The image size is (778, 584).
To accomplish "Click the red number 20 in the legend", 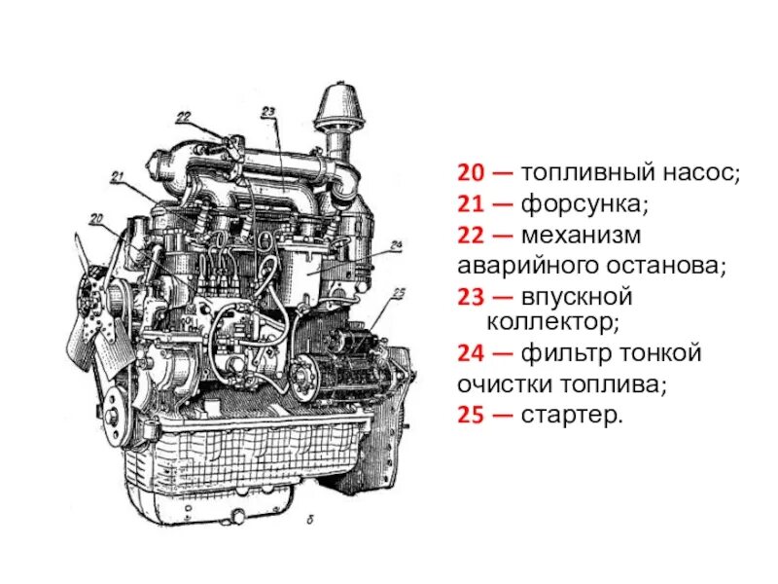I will pos(473,174).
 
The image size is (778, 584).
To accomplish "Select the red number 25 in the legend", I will pos(473,416).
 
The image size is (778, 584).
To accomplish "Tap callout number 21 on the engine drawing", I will pos(119,176).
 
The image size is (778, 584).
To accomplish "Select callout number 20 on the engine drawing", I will pos(95,219).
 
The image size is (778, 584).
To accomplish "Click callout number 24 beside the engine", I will pos(397,245).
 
